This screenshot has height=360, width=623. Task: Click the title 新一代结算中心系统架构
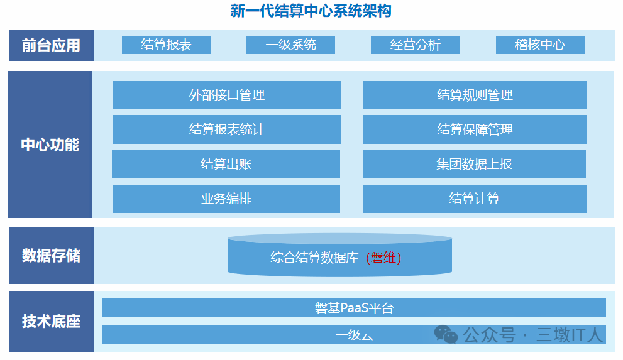[x=311, y=11]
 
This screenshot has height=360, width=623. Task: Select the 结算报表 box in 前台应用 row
[x=166, y=45]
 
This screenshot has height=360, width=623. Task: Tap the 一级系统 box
[x=290, y=45]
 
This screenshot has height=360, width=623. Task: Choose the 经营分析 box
[x=415, y=45]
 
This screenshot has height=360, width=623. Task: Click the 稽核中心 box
[x=540, y=45]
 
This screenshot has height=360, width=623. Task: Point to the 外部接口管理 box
[x=226, y=95]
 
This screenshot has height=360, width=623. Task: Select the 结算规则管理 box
[x=475, y=95]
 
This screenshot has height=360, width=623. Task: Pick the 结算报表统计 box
[x=226, y=129]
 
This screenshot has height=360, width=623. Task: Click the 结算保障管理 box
[x=475, y=129]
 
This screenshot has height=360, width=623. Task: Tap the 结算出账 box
[x=226, y=164]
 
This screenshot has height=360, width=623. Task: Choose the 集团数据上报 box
[x=475, y=164]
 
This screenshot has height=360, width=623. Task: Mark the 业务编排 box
[x=226, y=199]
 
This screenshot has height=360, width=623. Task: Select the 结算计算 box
[x=475, y=199]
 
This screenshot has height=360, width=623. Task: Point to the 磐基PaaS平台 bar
[x=354, y=308]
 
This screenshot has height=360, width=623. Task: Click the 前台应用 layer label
[x=51, y=45]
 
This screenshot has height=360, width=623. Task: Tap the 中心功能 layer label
[x=50, y=145]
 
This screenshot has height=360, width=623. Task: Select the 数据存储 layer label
[x=51, y=256]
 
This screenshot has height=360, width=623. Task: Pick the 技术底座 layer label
[x=51, y=322]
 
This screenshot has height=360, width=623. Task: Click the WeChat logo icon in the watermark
[x=447, y=335]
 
